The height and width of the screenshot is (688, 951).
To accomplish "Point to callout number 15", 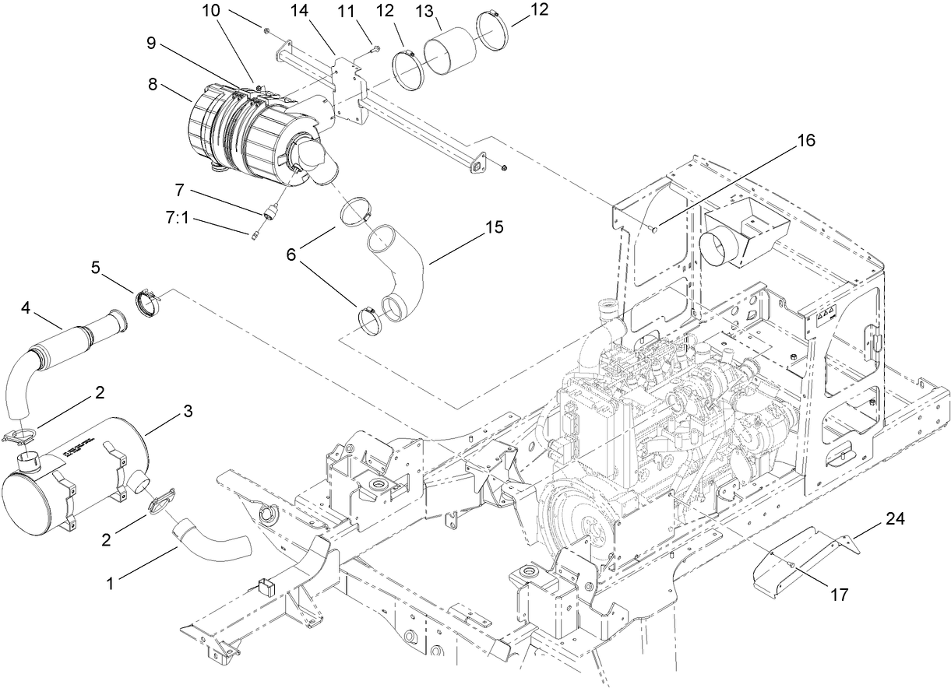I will point(494,228).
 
